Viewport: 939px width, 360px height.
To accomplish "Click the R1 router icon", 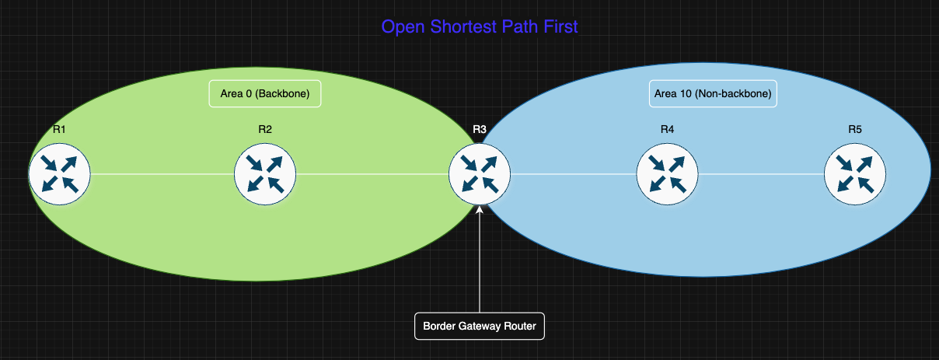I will coord(60,173).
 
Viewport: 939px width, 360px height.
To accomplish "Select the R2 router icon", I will coord(265,173).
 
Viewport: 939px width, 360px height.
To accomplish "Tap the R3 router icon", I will coord(480,173).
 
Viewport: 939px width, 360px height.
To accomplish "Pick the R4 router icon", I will coord(667,173).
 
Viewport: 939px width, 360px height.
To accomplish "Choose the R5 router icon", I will coord(855,173).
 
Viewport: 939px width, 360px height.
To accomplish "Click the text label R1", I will coord(59,129).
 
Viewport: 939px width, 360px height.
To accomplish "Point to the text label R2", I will coord(265,129).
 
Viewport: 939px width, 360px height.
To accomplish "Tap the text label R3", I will coord(480,129).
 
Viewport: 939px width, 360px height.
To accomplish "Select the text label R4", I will coord(667,129).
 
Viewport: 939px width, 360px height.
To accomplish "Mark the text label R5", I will coord(855,129).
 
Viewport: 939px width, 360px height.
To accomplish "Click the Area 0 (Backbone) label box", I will coord(265,94).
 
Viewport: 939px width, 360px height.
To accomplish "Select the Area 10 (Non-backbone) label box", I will coord(713,94).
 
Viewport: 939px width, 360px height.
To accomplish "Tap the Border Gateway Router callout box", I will coord(480,326).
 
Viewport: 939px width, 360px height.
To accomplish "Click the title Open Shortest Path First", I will coord(480,27).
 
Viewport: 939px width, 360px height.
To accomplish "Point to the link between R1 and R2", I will coord(162,174).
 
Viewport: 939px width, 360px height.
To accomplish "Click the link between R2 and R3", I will coord(372,174).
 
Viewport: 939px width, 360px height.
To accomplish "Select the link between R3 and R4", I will coord(573,174).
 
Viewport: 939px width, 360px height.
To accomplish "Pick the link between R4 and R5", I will coord(761,174).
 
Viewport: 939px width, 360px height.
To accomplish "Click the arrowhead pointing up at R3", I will coord(480,209).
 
